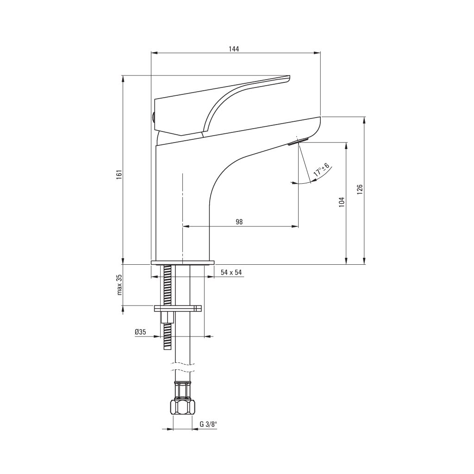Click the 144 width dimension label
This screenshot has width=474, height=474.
tap(234, 49)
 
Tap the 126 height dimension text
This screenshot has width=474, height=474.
tap(360, 189)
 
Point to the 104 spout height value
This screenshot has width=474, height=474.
tap(342, 202)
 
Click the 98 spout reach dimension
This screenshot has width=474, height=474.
tap(239, 222)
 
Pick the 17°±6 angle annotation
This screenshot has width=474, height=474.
tap(321, 170)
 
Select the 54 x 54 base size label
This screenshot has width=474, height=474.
tap(231, 272)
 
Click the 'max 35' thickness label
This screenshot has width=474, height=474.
tap(120, 285)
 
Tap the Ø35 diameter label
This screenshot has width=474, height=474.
tap(141, 332)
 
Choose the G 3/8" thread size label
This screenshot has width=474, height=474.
tap(209, 424)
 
